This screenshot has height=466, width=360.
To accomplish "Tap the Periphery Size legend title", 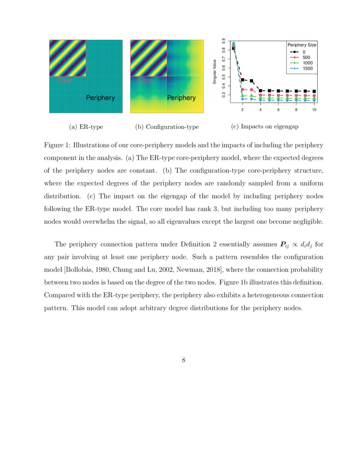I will pyautogui.click(x=302, y=45).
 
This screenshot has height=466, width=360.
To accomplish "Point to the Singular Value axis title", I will pyautogui.click(x=215, y=72).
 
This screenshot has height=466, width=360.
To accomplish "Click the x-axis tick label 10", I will pyautogui.click(x=314, y=109).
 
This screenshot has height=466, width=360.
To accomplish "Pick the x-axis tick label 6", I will pyautogui.click(x=278, y=109).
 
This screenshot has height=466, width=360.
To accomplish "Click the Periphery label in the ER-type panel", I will pyautogui.click(x=100, y=98).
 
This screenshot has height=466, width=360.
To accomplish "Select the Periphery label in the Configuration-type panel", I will pyautogui.click(x=181, y=98).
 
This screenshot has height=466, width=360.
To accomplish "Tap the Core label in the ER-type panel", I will pyautogui.click(x=64, y=80).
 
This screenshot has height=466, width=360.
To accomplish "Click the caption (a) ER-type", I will pyautogui.click(x=86, y=127).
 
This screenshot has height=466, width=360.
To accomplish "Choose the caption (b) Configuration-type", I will pyautogui.click(x=167, y=127).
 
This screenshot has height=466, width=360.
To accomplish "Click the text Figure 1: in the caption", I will pyautogui.click(x=57, y=145).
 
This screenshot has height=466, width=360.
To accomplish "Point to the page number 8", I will pyautogui.click(x=184, y=361).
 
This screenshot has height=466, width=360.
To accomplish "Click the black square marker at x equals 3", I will pyautogui.click(x=252, y=81).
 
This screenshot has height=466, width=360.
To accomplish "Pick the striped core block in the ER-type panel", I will pyautogui.click(x=68, y=58).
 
